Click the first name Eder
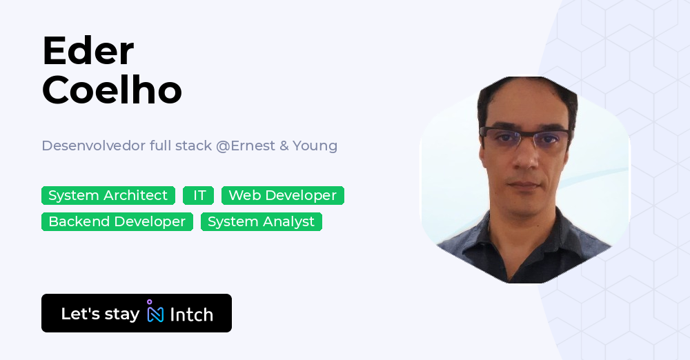coord(88,50)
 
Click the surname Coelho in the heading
coord(112,90)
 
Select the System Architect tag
coord(108,196)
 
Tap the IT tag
coord(199,196)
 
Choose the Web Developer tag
coord(282,196)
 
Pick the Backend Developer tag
coord(117,222)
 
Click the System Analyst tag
coord(261,222)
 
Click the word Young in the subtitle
coord(315,146)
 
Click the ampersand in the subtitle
coord(284,146)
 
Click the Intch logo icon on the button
coord(155,312)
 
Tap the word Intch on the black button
coord(191,314)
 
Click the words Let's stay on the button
coord(100,314)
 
